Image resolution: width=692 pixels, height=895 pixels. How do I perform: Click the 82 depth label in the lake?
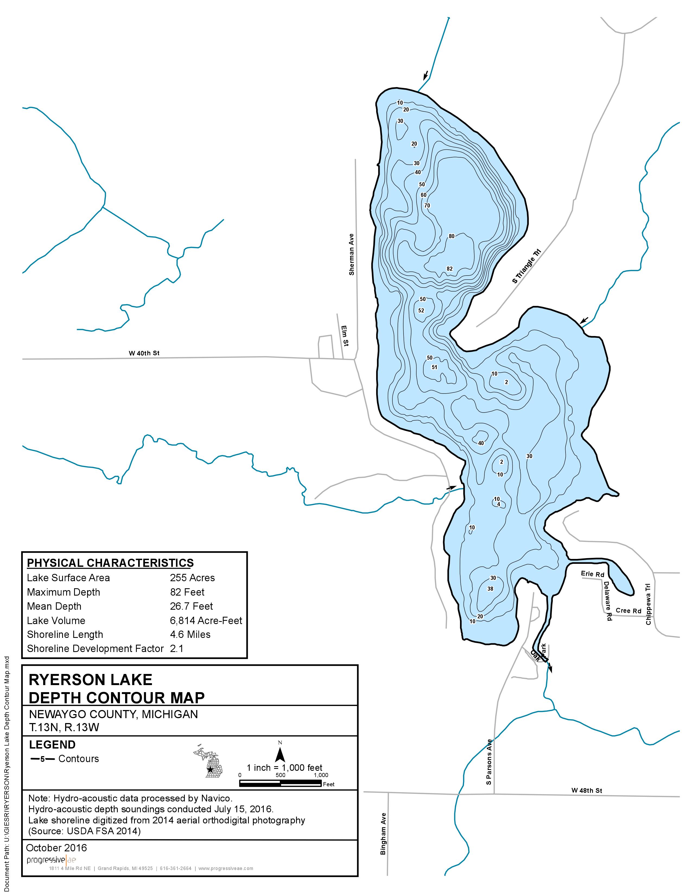tap(450, 269)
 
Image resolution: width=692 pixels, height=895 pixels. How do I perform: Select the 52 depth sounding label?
tap(421, 310)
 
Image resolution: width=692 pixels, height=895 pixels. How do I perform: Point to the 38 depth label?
tap(490, 589)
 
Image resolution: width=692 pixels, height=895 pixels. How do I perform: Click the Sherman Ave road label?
tap(351, 254)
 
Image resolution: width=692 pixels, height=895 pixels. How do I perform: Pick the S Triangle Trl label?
tap(527, 266)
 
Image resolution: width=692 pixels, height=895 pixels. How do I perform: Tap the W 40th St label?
tap(144, 353)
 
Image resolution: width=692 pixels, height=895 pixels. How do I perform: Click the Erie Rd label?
tap(592, 574)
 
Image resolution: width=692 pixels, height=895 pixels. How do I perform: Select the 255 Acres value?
tap(192, 578)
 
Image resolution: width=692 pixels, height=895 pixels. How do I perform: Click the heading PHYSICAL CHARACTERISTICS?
tap(110, 563)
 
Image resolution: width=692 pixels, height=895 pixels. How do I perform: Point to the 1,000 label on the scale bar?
tap(321, 775)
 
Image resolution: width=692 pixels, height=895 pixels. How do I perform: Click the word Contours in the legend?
tap(79, 759)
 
